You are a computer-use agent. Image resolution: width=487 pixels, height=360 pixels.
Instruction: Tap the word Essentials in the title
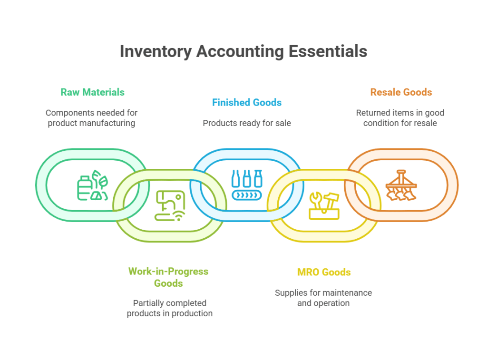pos(326,51)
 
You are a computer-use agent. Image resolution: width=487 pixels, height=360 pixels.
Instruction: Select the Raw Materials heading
pos(92,92)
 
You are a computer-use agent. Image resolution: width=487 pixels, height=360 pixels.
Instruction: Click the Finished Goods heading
pos(246,102)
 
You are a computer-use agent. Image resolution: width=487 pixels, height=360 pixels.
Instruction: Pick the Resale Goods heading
pos(401,92)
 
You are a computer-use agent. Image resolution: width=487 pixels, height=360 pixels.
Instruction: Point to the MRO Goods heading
pos(324,272)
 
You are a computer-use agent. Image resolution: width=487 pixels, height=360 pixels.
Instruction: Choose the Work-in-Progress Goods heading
pos(168,277)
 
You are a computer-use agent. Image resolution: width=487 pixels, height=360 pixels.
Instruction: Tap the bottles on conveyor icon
pos(246,185)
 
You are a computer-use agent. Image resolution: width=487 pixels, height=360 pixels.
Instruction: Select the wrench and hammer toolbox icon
pos(324,205)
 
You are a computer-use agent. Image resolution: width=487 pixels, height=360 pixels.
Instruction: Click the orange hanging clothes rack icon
pos(401,185)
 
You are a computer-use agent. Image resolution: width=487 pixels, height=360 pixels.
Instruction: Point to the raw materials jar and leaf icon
pos(93,185)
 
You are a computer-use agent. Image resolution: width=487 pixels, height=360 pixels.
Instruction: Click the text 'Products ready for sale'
pos(246,123)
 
